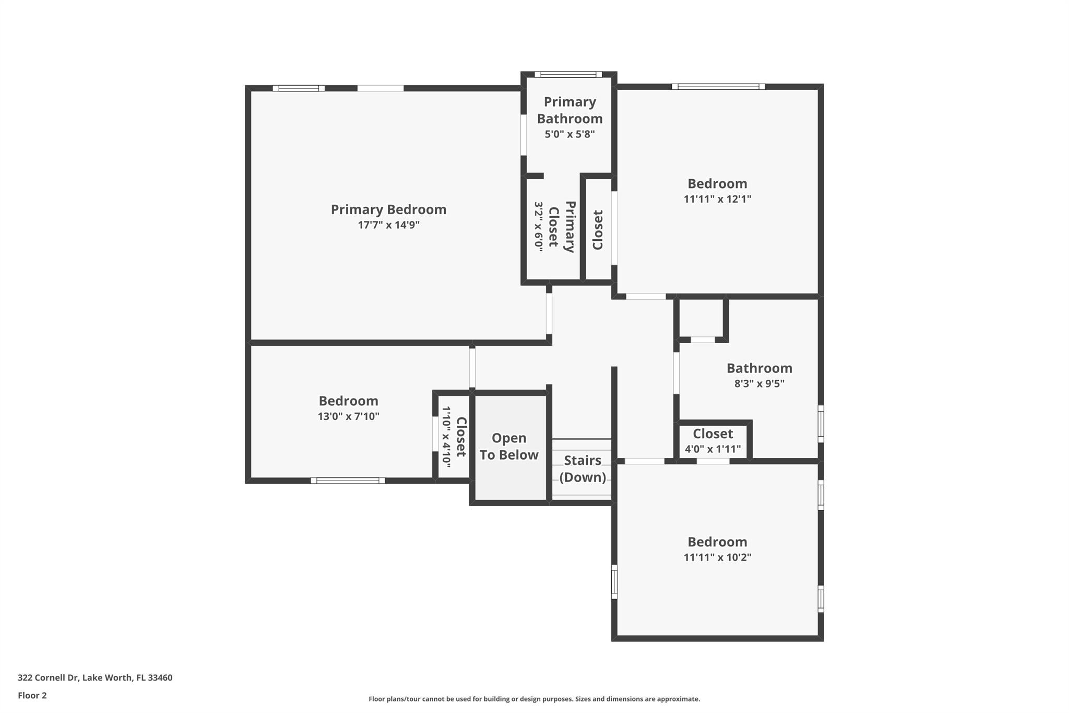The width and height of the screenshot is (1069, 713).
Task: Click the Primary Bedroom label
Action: (x=388, y=209)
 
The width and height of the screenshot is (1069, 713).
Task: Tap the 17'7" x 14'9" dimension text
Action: (x=388, y=225)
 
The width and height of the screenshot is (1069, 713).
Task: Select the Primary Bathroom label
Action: (x=569, y=110)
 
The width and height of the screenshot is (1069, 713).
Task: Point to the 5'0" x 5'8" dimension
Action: (x=569, y=134)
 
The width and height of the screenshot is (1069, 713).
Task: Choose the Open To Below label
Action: (x=509, y=447)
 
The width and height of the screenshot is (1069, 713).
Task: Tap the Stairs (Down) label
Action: (x=583, y=469)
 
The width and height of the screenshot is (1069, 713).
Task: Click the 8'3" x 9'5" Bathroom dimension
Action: (x=759, y=384)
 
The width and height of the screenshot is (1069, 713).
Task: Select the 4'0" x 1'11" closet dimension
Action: (x=712, y=449)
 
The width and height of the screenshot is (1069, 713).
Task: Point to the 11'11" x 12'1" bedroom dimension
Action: (x=717, y=199)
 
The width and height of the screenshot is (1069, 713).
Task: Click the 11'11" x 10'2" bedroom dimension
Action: (x=717, y=557)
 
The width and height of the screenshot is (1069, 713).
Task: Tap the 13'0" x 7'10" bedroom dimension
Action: (x=348, y=417)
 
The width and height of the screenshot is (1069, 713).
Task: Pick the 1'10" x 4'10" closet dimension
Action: (x=446, y=435)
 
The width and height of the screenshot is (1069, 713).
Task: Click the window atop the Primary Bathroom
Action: (x=568, y=74)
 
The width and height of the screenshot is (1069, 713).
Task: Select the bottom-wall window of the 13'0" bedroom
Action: (x=348, y=481)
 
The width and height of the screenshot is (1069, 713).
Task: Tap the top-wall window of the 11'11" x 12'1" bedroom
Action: (x=718, y=87)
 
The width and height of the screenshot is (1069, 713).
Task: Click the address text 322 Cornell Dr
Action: (x=48, y=678)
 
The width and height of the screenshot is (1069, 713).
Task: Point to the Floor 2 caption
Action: (x=32, y=696)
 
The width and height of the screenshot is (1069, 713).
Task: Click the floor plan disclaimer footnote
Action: (x=534, y=699)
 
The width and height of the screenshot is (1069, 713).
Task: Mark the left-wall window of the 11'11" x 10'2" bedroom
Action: (x=614, y=581)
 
